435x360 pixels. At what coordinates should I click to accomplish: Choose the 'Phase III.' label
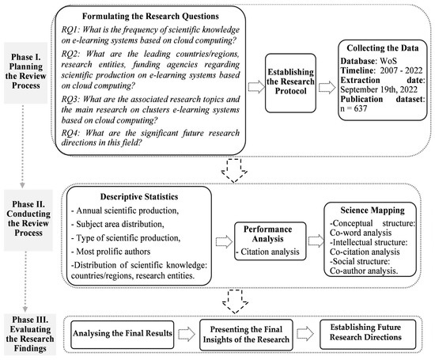pyautogui.click(x=28, y=314)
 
